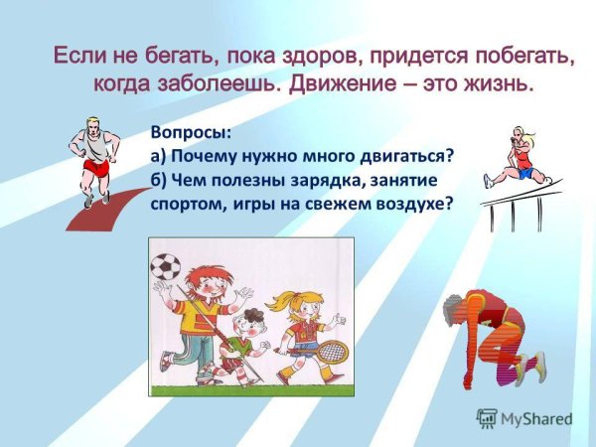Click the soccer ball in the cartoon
click(165, 266)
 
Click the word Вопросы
click(188, 132)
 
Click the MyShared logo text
click(533, 419)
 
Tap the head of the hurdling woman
click(520, 134)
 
